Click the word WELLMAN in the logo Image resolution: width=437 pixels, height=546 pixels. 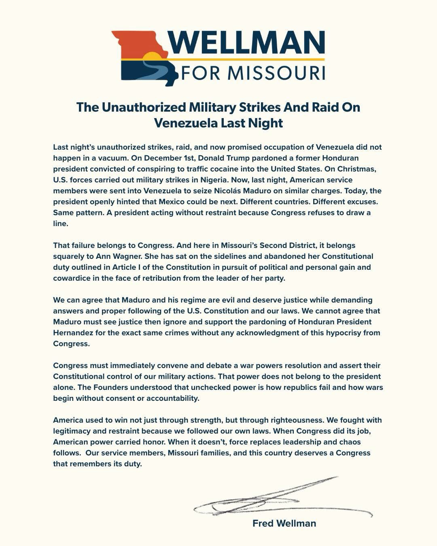click(x=247, y=43)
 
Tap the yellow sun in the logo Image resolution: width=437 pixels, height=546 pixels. click(x=152, y=57)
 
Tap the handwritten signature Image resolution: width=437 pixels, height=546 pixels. click(x=275, y=499)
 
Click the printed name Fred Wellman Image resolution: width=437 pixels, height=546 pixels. click(x=284, y=523)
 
